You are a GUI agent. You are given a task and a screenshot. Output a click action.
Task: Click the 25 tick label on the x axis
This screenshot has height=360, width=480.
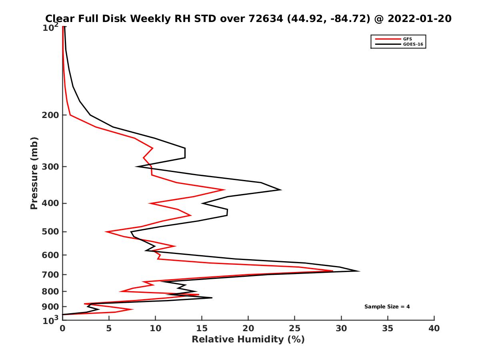point(295,328)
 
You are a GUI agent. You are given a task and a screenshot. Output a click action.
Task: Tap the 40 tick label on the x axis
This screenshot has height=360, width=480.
point(434,328)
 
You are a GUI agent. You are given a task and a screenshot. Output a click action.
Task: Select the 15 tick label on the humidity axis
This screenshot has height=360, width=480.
point(202,328)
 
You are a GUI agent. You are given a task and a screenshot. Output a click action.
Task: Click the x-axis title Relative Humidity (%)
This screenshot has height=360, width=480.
point(248,340)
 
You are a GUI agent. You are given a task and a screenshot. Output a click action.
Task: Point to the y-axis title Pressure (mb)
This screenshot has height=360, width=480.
point(34,173)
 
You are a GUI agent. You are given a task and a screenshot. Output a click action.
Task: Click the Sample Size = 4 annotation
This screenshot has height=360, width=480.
point(387,307)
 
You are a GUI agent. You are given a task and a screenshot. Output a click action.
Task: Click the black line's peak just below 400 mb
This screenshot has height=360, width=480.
point(281,190)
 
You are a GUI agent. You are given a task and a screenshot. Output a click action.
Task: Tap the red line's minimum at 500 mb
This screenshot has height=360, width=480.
point(106,232)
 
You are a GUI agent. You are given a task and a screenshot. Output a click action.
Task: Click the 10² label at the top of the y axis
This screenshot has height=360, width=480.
point(51,28)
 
